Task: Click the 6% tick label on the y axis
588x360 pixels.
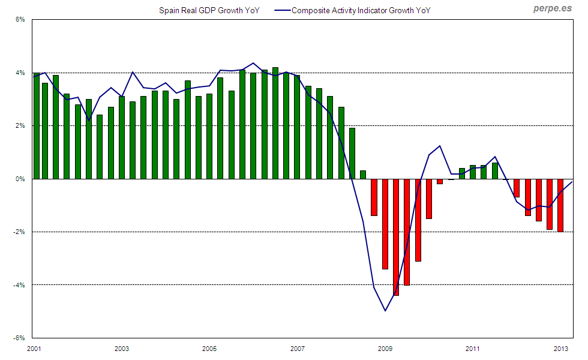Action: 20,20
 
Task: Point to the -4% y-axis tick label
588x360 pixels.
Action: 19,285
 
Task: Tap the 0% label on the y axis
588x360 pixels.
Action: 20,179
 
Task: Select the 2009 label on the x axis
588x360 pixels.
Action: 385,349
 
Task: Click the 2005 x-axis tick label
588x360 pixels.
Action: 209,349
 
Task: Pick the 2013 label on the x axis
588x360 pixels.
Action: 561,349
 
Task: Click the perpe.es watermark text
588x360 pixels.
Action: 553,9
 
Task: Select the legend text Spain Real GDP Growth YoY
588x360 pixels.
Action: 209,10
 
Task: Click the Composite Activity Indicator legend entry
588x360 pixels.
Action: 361,10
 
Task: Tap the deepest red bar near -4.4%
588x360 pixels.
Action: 396,237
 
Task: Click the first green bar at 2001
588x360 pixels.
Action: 37,126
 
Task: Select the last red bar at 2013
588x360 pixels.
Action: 560,205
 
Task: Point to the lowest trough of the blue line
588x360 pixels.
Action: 385,310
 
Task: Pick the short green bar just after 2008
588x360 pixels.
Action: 363,175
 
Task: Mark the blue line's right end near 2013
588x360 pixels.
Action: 572,182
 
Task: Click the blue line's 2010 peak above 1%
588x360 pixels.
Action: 440,146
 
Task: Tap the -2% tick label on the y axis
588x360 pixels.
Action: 19,232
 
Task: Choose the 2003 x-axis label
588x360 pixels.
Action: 122,349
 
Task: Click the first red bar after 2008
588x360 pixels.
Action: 374,197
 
